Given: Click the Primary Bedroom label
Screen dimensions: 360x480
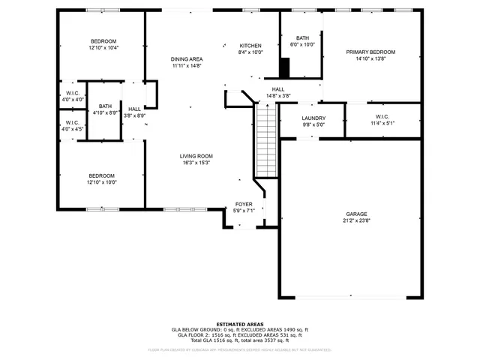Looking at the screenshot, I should pyautogui.click(x=370, y=52).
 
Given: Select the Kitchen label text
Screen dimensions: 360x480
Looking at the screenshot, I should pyautogui.click(x=250, y=46).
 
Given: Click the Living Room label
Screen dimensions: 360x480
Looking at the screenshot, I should pyautogui.click(x=194, y=156).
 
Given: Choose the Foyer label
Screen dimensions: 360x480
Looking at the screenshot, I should pyautogui.click(x=244, y=204).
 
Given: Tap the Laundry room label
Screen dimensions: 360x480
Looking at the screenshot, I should pyautogui.click(x=313, y=118).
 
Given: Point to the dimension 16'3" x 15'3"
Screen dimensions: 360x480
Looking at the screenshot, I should pyautogui.click(x=194, y=163).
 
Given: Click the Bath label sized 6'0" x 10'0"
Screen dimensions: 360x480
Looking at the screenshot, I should pyautogui.click(x=302, y=38).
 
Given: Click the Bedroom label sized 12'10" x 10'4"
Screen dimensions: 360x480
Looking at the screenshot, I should pyautogui.click(x=103, y=40).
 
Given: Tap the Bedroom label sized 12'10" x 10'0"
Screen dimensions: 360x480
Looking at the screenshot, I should pyautogui.click(x=103, y=175).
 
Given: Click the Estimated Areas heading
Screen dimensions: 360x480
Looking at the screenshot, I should pyautogui.click(x=239, y=324).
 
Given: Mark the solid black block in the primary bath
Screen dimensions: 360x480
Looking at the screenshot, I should pyautogui.click(x=284, y=67).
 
